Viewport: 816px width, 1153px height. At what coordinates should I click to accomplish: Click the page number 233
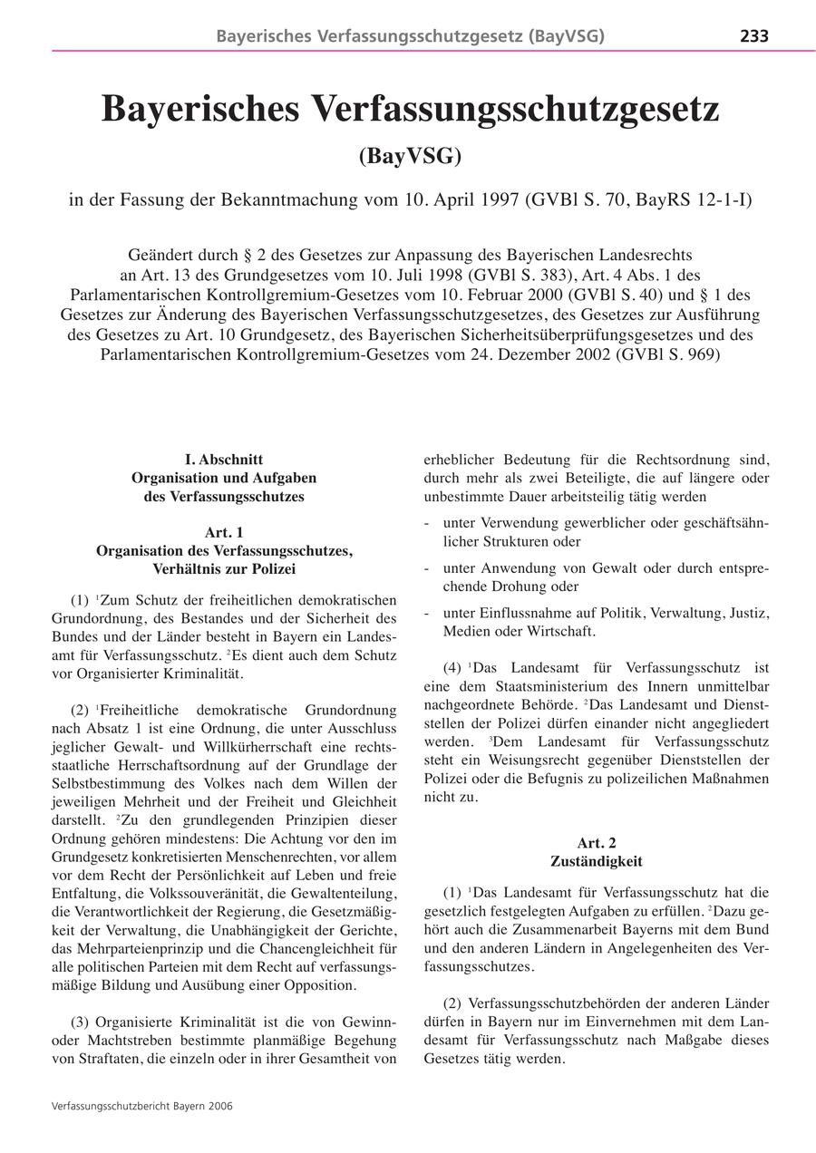[754, 36]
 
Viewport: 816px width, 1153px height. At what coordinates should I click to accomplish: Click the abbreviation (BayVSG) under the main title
[410, 156]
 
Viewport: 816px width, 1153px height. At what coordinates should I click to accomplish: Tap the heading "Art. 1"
[224, 532]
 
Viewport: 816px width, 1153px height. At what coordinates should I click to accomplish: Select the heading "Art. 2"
[596, 843]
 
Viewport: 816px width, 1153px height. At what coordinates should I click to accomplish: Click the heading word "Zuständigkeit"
[596, 861]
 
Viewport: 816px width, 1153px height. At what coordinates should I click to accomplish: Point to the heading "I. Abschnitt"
[224, 460]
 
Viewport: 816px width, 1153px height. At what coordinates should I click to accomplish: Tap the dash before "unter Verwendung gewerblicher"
[427, 523]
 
